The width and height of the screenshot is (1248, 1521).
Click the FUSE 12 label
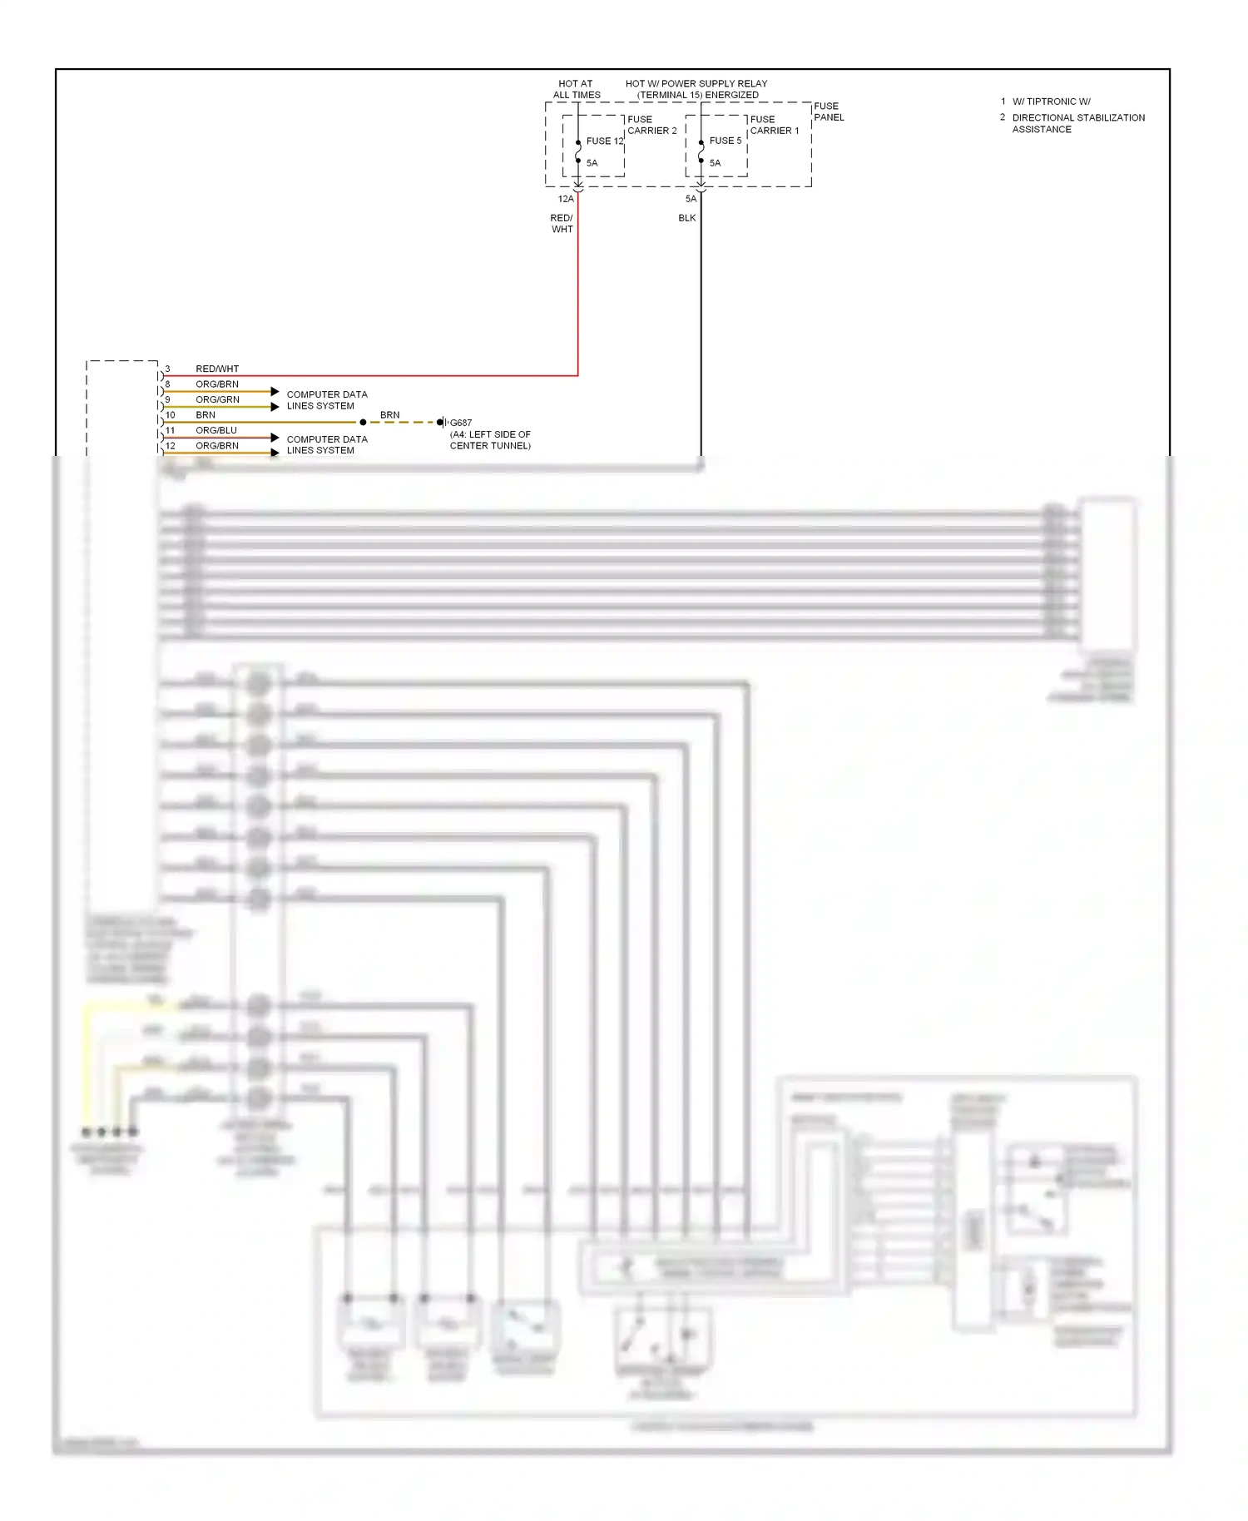(604, 141)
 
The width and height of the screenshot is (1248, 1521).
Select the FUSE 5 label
(725, 141)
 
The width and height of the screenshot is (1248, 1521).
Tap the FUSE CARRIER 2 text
(651, 125)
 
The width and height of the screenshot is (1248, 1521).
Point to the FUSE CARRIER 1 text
(774, 125)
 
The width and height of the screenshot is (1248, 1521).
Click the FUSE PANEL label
(828, 111)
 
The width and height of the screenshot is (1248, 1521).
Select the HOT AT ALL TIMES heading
(576, 89)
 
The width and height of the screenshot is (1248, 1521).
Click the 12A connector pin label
(566, 199)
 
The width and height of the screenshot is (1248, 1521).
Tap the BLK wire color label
(686, 218)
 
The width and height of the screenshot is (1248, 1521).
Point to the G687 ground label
(461, 423)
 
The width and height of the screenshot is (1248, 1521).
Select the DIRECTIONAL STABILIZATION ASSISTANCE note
(1077, 123)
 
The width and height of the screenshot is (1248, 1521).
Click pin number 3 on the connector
(167, 369)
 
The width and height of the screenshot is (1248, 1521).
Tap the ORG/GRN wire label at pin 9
(217, 399)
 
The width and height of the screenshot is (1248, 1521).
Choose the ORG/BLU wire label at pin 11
(216, 430)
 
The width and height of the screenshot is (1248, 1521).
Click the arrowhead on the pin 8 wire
(275, 391)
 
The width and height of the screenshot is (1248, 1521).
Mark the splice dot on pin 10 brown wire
(363, 423)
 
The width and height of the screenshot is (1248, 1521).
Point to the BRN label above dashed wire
(389, 414)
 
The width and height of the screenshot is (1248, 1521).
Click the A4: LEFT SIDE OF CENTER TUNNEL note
(490, 440)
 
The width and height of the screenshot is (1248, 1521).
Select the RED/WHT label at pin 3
(217, 369)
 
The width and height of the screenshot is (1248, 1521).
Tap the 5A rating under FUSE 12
(592, 163)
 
